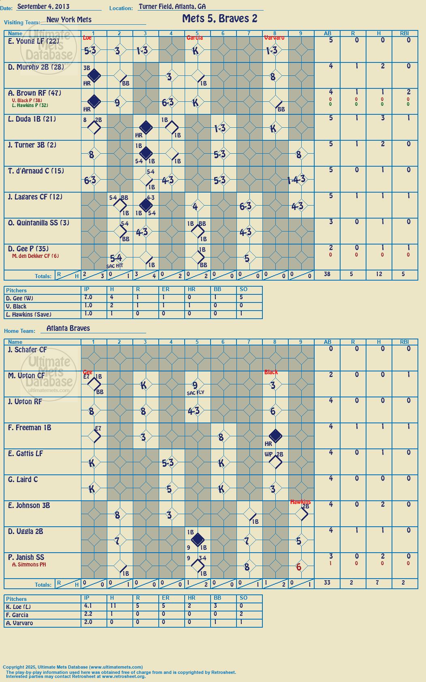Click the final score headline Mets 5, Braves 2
(220, 19)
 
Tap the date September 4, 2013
(43, 6)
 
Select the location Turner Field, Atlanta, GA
(172, 6)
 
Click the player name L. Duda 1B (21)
(32, 119)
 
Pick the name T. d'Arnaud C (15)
(36, 171)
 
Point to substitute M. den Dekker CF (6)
(35, 256)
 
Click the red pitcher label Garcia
(195, 38)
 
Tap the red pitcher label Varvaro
(274, 38)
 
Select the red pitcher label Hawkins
(300, 502)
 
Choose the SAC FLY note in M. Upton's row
(195, 393)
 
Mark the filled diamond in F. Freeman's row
(275, 436)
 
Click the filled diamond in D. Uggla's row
(198, 540)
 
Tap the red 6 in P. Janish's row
(298, 567)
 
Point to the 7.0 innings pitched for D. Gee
(88, 297)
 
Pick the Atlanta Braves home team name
(68, 328)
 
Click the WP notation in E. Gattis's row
(268, 454)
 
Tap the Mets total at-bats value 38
(327, 274)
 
